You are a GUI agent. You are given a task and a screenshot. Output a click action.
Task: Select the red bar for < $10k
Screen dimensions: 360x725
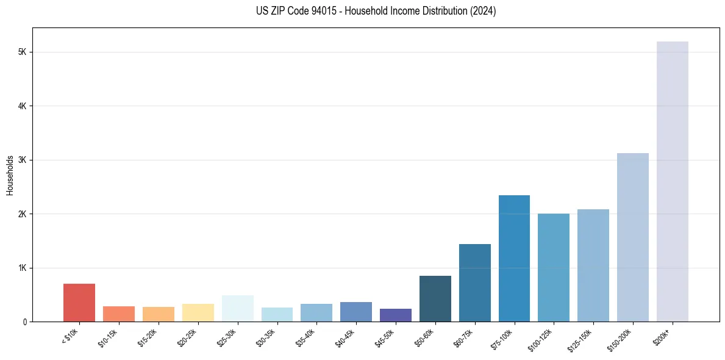[x=79, y=303]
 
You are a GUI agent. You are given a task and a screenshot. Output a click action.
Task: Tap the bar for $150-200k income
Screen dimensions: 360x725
[x=632, y=237]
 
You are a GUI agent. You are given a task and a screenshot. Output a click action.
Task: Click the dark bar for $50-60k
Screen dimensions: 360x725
[x=435, y=298]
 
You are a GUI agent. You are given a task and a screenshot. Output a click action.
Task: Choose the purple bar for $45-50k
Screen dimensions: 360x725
[x=395, y=315]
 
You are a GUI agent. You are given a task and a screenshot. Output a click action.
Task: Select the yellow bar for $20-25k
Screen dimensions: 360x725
[x=198, y=312]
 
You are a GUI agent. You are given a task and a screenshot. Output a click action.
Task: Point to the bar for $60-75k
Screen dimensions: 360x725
[x=474, y=283]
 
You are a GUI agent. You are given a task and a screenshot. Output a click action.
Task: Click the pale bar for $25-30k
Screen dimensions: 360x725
[x=237, y=308]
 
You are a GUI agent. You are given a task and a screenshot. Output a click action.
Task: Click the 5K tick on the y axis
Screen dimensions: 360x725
[x=23, y=52]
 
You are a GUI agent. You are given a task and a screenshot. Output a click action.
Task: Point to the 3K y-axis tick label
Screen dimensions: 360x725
[x=23, y=160]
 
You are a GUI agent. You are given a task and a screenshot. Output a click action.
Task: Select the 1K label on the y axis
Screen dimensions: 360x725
[x=23, y=268]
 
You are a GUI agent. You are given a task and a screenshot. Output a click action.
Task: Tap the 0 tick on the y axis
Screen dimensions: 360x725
[x=25, y=322]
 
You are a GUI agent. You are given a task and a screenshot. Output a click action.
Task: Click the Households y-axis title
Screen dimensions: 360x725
[x=10, y=175]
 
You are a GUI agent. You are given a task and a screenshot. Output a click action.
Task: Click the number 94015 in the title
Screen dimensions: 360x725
[x=309, y=12]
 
